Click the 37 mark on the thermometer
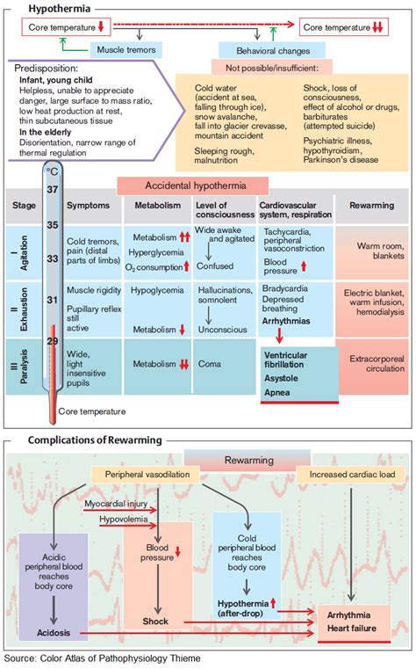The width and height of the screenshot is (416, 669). (52, 190)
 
